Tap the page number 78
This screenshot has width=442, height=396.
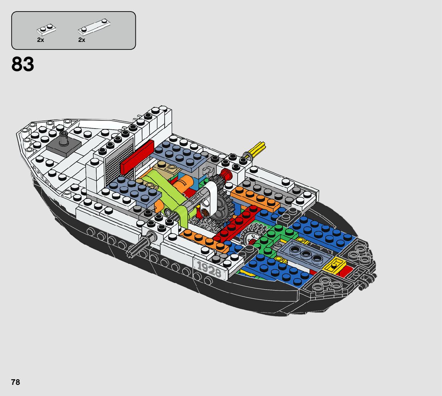16,382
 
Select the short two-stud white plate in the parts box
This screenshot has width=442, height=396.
46,29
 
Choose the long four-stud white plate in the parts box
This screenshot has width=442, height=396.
94,26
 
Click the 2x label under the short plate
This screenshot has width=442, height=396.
40,40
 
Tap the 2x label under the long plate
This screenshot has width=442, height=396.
82,40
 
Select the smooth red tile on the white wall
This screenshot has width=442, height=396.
137,157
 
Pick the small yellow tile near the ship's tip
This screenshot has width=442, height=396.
335,265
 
